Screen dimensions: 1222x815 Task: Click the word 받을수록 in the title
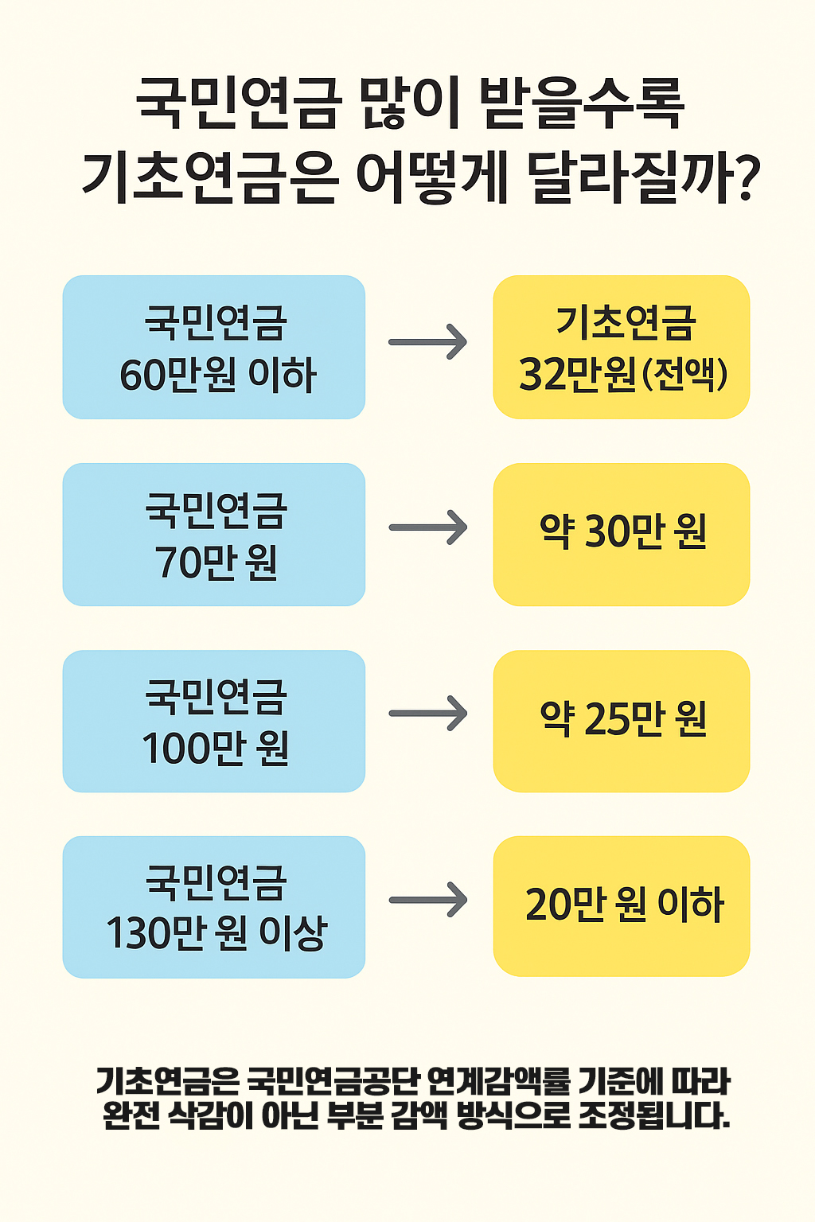click(x=581, y=103)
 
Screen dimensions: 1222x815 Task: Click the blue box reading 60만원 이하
click(x=214, y=347)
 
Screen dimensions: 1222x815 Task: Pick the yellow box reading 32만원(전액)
click(x=622, y=347)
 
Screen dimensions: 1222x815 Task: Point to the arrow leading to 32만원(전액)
click(x=428, y=342)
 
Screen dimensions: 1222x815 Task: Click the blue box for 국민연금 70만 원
click(x=214, y=535)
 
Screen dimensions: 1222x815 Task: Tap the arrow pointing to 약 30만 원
click(x=428, y=528)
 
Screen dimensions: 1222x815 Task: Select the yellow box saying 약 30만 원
click(x=622, y=535)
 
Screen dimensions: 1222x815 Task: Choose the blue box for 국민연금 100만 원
click(x=214, y=721)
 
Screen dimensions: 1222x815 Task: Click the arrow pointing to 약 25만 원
click(x=428, y=714)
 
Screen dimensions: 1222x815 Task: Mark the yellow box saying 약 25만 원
click(x=622, y=721)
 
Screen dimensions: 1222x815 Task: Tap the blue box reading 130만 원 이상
click(x=214, y=907)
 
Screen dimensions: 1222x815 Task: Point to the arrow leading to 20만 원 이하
click(x=428, y=901)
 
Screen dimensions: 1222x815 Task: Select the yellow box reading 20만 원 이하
click(x=622, y=906)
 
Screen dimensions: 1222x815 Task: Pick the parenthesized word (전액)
click(x=684, y=374)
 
